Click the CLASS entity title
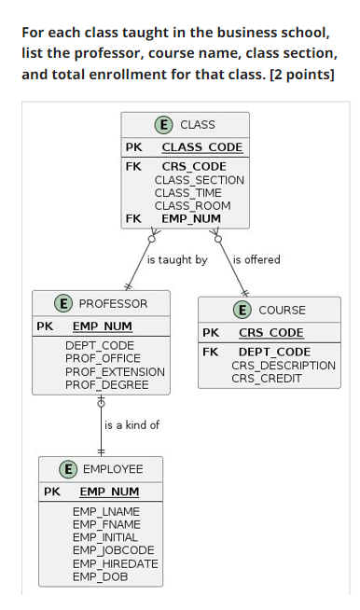pos(197,124)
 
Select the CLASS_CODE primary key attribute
pos(201,147)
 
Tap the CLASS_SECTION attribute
pos(199,180)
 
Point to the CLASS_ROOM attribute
pos(192,206)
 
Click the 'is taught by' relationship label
pos(177,260)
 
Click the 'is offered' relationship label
pos(256,260)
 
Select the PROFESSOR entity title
pos(113,303)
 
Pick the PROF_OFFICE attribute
pos(103,358)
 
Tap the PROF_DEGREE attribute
pos(106,384)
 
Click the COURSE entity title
pos(282,310)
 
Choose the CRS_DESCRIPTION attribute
pos(284,366)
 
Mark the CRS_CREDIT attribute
pos(266,379)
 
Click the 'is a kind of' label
pos(132,425)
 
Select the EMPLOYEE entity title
pos(113,469)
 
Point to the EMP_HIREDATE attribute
pos(115,564)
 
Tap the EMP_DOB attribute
pos(100,577)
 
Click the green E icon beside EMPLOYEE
pos(68,469)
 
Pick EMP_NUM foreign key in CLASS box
pos(191,219)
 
